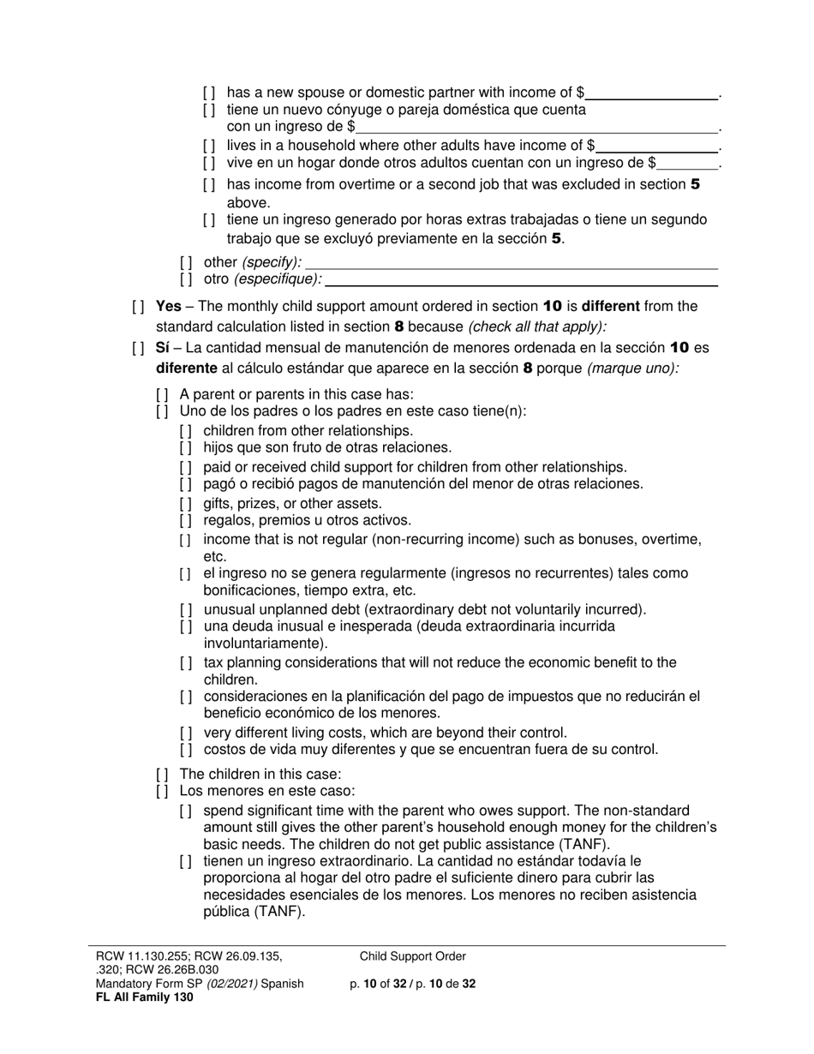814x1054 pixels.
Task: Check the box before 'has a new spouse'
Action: tap(209, 93)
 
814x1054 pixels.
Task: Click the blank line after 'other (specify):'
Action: tap(511, 263)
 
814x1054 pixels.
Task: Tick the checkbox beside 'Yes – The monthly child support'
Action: tap(138, 307)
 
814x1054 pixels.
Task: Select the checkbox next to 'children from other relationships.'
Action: tap(186, 431)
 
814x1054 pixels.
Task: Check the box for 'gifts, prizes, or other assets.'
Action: tap(186, 504)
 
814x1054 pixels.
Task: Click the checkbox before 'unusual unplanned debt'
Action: tap(186, 610)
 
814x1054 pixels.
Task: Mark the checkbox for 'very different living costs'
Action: tap(186, 734)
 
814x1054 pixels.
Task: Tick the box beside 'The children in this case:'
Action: tap(162, 774)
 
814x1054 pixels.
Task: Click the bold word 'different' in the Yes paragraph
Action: tap(612, 306)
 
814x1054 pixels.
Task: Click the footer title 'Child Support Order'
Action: tap(413, 957)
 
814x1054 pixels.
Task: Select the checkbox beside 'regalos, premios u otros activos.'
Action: tap(186, 521)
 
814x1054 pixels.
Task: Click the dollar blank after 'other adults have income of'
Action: tap(658, 146)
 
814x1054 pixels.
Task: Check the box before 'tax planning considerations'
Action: tap(186, 663)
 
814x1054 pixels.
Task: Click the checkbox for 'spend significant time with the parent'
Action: tap(186, 811)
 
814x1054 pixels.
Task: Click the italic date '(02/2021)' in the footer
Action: tap(228, 984)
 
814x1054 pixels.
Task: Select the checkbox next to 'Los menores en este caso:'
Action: tap(162, 791)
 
